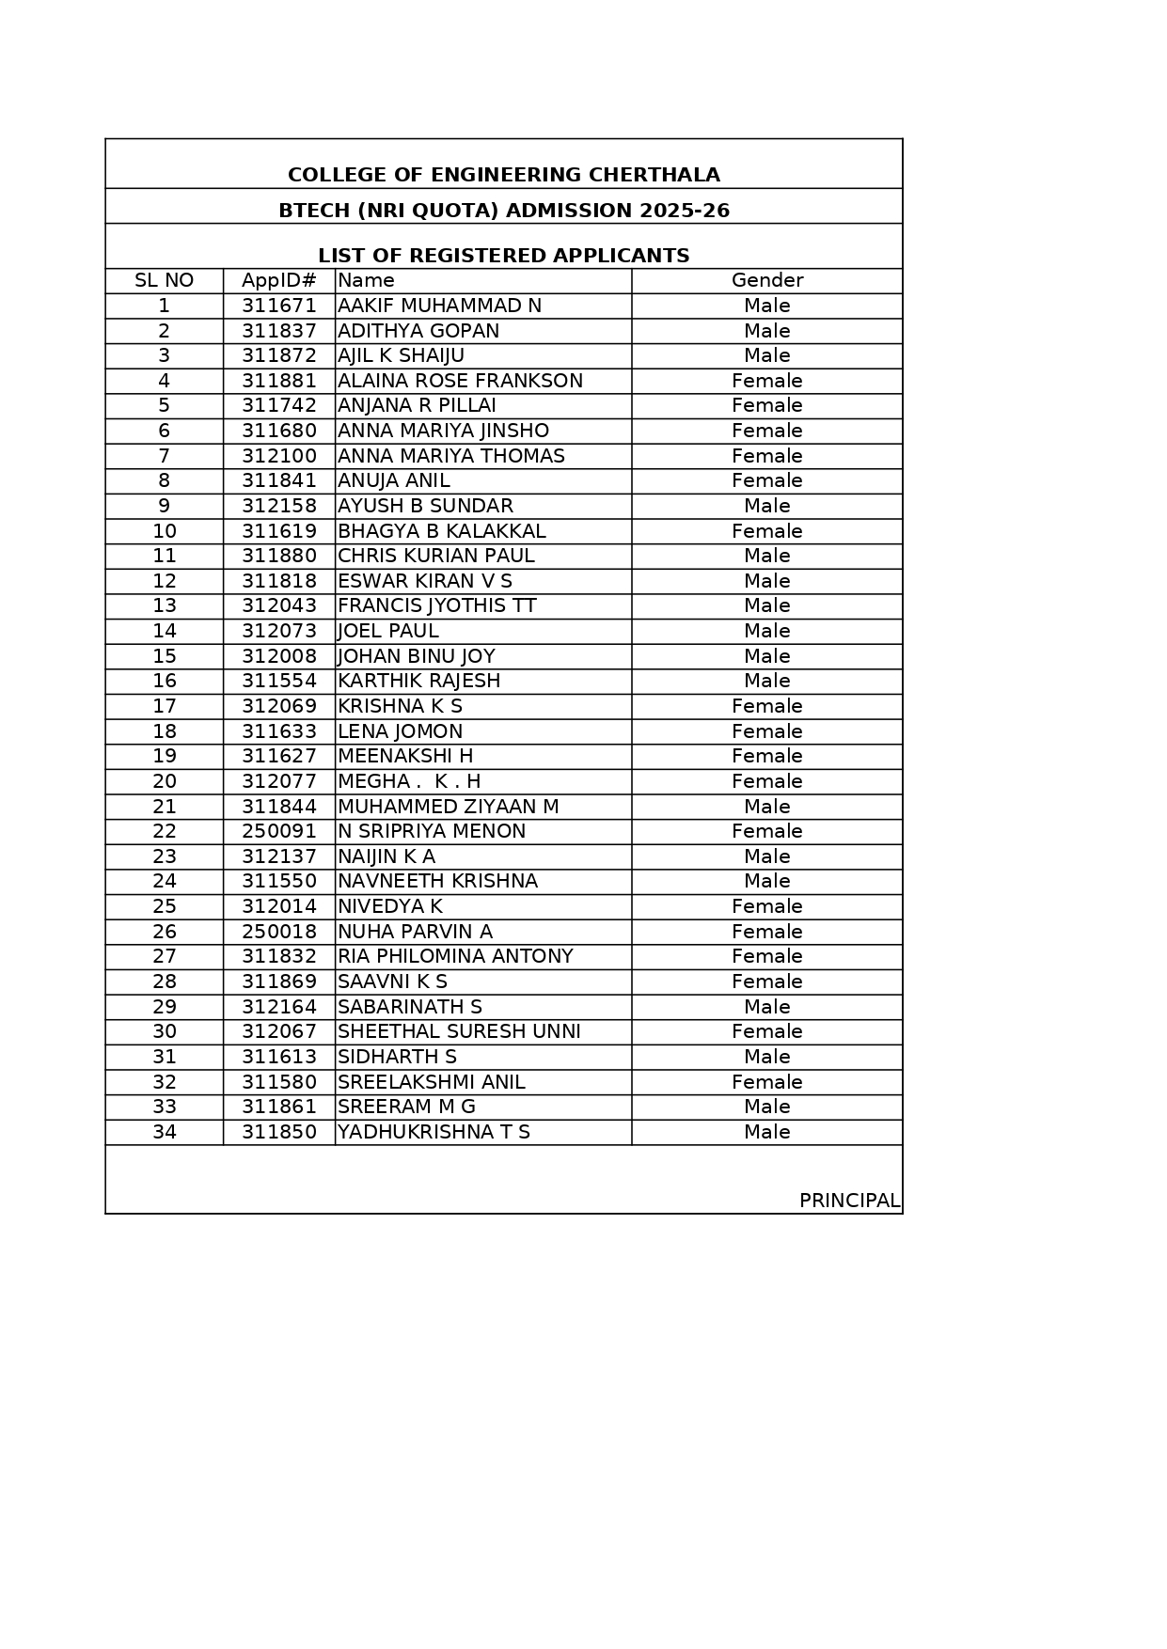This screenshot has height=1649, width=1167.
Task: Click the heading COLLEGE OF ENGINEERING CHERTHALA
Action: click(x=503, y=175)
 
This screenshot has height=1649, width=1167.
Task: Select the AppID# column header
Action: click(x=278, y=280)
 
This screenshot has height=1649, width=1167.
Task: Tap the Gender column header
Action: click(x=766, y=280)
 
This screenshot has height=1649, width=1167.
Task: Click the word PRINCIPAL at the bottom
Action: click(x=848, y=1201)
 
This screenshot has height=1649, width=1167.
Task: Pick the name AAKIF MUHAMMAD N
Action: click(x=439, y=306)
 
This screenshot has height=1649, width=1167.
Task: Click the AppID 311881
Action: click(x=278, y=381)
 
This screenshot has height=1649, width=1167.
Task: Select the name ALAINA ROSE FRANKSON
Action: click(x=460, y=381)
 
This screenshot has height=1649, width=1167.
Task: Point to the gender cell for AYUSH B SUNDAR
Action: click(x=766, y=506)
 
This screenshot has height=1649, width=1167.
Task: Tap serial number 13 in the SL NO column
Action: click(x=164, y=605)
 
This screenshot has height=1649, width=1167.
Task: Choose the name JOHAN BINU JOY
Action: click(x=416, y=656)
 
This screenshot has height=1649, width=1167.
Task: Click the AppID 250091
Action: click(x=278, y=831)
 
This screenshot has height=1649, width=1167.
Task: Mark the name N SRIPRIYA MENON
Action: click(x=432, y=831)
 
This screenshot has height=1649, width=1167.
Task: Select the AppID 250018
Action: click(x=278, y=932)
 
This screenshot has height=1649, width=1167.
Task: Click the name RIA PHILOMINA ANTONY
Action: click(x=455, y=956)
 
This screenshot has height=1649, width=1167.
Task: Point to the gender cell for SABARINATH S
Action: click(x=766, y=1007)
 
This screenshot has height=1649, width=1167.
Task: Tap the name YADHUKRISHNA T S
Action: click(x=434, y=1132)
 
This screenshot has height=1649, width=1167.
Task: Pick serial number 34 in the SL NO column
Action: click(x=164, y=1132)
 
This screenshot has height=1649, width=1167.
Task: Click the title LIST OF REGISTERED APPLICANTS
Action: click(x=503, y=256)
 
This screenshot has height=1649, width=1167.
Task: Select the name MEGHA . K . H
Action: click(x=409, y=781)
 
